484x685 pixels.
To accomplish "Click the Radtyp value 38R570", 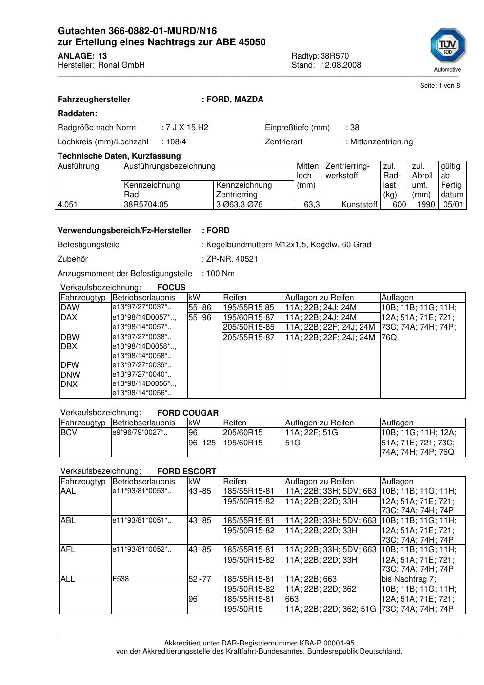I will click(x=335, y=56).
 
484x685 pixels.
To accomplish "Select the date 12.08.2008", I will click(x=341, y=65).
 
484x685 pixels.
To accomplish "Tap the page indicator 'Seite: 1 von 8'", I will click(x=440, y=86).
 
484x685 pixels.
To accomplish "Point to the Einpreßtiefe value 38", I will click(x=355, y=128).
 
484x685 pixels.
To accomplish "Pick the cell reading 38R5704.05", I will click(x=146, y=205).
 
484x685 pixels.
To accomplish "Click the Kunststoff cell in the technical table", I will click(x=359, y=205).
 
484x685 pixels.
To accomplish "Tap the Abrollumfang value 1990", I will click(x=426, y=205).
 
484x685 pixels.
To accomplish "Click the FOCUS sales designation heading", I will click(x=171, y=288).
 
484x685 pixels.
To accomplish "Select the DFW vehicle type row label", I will click(x=70, y=365).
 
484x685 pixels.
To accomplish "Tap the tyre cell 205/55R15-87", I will click(x=248, y=337).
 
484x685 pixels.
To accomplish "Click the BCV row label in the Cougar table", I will click(x=69, y=433).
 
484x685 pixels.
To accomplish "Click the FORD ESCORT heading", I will click(x=186, y=471).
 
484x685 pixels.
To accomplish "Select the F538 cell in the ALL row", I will click(x=121, y=579).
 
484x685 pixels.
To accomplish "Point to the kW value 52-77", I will click(x=200, y=579).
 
